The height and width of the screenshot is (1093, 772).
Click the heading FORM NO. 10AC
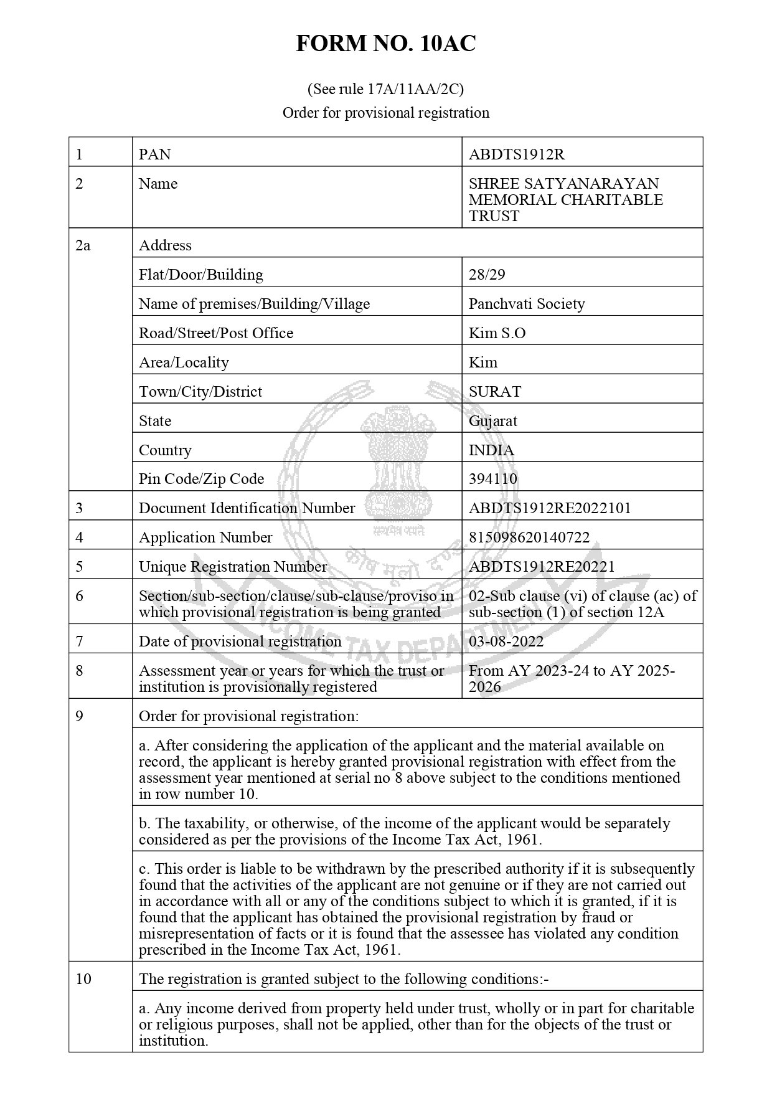385,44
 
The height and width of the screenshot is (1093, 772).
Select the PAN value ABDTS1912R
516,154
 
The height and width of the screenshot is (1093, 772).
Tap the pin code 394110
492,478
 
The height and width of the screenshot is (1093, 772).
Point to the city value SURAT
494,391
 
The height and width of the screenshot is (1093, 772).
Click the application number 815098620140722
529,537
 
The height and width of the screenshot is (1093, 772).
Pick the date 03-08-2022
506,641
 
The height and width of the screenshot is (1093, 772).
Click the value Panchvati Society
526,303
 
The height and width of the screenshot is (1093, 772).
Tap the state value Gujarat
492,420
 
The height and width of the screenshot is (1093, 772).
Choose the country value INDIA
491,450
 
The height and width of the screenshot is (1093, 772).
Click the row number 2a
83,245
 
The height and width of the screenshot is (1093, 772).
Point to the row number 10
83,978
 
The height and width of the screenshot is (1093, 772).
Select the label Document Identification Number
247,508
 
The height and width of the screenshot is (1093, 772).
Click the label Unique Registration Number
232,566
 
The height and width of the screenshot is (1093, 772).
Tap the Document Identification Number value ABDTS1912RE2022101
549,508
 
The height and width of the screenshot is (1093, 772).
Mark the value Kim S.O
497,333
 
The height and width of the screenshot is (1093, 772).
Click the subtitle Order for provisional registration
385,113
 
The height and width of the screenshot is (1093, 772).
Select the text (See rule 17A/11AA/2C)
385,89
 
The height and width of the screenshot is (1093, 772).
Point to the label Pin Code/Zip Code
201,478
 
